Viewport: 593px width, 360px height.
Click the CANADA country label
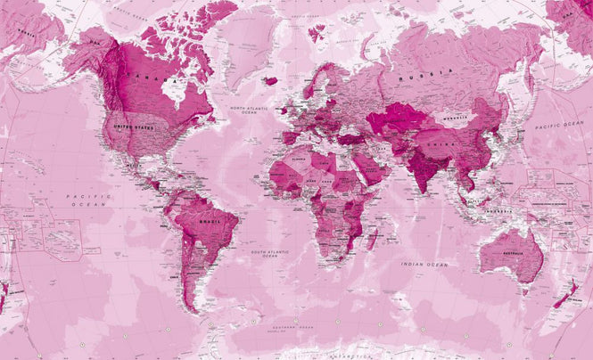[x=144, y=78]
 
